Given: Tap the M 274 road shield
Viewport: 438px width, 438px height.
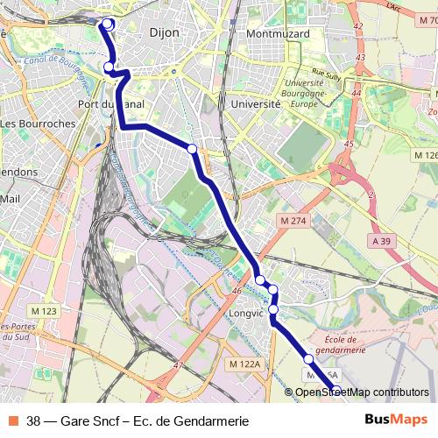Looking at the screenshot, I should (x=291, y=219).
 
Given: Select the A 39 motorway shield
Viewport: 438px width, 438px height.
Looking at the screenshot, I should (x=381, y=240).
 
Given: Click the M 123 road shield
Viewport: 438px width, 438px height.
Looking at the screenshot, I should (x=43, y=311).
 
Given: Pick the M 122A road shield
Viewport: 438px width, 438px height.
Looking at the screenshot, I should (x=243, y=364).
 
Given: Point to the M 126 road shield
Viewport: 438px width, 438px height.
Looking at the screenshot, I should (x=424, y=155).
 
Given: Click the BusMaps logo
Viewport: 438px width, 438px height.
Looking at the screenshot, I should (x=396, y=420).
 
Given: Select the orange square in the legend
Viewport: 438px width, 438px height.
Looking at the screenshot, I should (x=13, y=420).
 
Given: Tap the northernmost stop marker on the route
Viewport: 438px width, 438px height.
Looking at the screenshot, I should (x=108, y=25).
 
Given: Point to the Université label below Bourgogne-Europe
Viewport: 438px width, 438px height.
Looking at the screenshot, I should (x=256, y=103).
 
